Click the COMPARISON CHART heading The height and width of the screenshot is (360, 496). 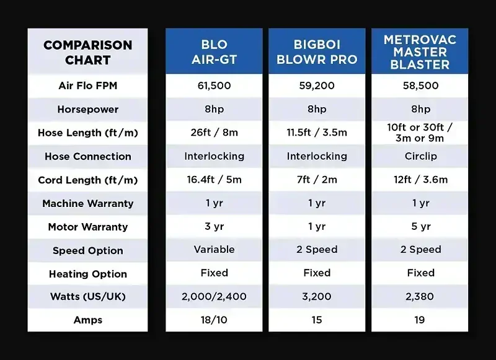(87, 53)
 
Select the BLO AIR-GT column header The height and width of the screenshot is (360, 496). (214, 53)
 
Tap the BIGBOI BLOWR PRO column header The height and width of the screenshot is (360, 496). (317, 53)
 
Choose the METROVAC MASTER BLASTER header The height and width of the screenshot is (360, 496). (420, 52)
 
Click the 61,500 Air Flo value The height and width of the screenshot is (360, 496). (214, 86)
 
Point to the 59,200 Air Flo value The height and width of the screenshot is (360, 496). (317, 86)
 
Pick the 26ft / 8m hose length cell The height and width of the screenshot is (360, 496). (214, 133)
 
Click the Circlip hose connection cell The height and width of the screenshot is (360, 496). (420, 156)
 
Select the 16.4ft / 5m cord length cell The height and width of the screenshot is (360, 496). (214, 180)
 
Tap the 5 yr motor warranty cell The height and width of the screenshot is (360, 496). (420, 227)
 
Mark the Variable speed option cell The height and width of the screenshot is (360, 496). (214, 250)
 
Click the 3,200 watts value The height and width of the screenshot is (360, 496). (317, 297)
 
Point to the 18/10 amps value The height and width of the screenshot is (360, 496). (214, 320)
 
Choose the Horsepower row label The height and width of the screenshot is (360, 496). (87, 109)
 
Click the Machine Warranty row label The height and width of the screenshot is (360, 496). (87, 203)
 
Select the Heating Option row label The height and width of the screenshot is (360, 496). (87, 274)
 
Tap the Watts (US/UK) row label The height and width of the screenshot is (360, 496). (87, 297)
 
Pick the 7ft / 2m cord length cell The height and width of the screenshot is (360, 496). (317, 180)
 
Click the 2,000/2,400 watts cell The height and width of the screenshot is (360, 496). (214, 297)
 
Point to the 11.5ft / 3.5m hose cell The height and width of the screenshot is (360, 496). (317, 133)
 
